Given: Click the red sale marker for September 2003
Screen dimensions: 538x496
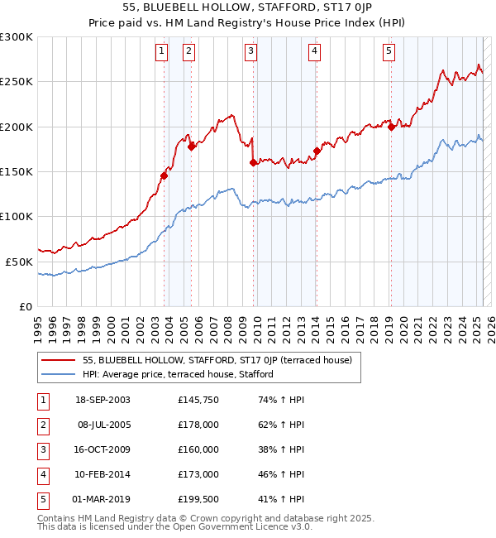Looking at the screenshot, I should pos(165,175).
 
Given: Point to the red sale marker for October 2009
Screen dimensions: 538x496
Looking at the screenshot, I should pos(253,163).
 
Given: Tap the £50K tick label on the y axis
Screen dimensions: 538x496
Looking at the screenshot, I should pos(19,262).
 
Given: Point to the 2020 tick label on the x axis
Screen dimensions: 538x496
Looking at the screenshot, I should pos(403,324).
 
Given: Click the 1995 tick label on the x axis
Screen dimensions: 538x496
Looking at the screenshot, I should pos(38,324).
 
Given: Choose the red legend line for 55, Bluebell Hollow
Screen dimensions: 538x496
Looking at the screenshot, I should pos(59,360).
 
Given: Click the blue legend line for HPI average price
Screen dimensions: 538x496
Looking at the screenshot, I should pos(59,374).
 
